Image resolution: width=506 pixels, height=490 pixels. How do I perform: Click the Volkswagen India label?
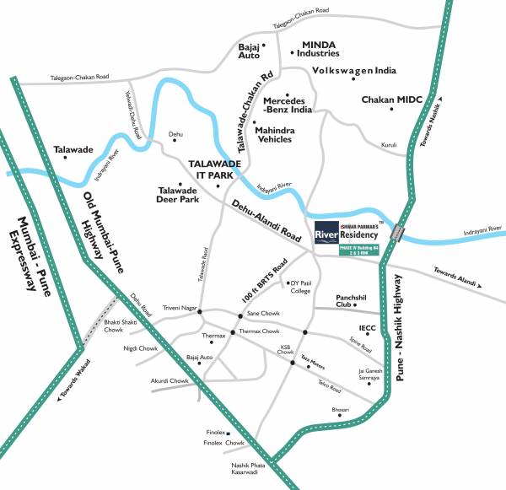[x=353, y=70]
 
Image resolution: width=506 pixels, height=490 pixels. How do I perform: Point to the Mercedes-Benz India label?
[x=288, y=105]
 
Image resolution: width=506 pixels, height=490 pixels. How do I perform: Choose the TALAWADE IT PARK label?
[x=209, y=170]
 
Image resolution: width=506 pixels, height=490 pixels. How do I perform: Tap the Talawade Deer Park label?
[x=176, y=197]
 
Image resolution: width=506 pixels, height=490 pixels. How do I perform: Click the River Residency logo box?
[x=326, y=232]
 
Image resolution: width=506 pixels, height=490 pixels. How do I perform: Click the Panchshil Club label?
[x=353, y=301]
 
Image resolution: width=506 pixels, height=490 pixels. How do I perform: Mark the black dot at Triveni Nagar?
[x=200, y=312]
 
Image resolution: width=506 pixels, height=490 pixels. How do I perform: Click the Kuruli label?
[x=389, y=144]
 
